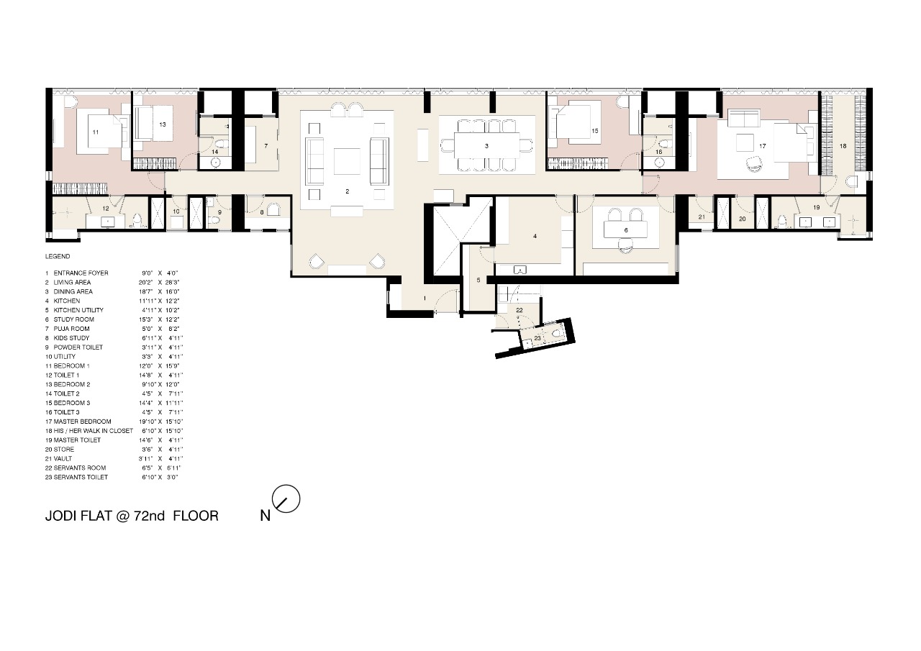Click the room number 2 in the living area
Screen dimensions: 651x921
pyautogui.click(x=347, y=191)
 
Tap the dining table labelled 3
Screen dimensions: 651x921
pyautogui.click(x=487, y=146)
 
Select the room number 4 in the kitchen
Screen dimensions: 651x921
pyautogui.click(x=535, y=235)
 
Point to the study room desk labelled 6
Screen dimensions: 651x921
pyautogui.click(x=625, y=230)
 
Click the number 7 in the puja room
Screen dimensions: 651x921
pyautogui.click(x=266, y=145)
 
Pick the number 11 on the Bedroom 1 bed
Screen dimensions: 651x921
pyautogui.click(x=95, y=132)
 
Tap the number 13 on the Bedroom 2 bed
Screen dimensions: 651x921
pyautogui.click(x=163, y=124)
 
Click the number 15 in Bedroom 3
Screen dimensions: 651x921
pyautogui.click(x=595, y=131)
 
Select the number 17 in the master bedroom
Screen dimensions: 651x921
pyautogui.click(x=762, y=146)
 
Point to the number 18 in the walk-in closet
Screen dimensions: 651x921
pyautogui.click(x=843, y=145)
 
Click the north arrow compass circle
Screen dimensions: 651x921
pyautogui.click(x=286, y=499)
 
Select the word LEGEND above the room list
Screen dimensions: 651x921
pyautogui.click(x=58, y=256)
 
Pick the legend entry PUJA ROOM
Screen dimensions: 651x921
pyautogui.click(x=71, y=329)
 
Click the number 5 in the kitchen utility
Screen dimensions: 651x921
pyautogui.click(x=478, y=280)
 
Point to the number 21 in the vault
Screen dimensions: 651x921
pyautogui.click(x=702, y=217)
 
